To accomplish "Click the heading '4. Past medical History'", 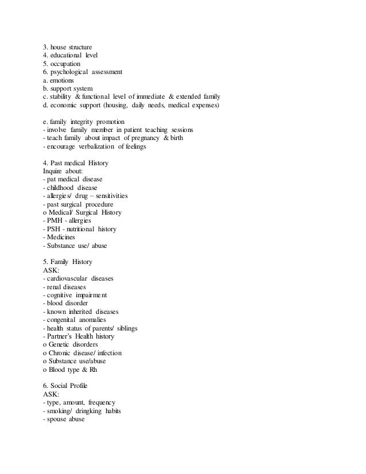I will (x=76, y=163).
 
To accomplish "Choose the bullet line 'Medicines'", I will (x=60, y=237).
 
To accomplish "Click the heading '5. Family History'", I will (x=67, y=262).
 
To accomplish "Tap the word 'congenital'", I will (x=64, y=320).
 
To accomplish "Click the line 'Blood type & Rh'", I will (x=72, y=369).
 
